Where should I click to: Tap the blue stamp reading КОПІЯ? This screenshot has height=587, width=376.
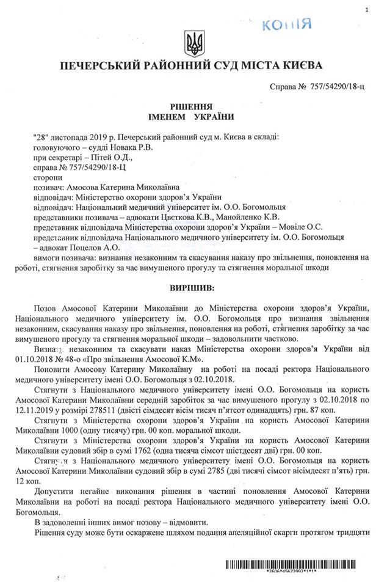coord(286,24)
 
